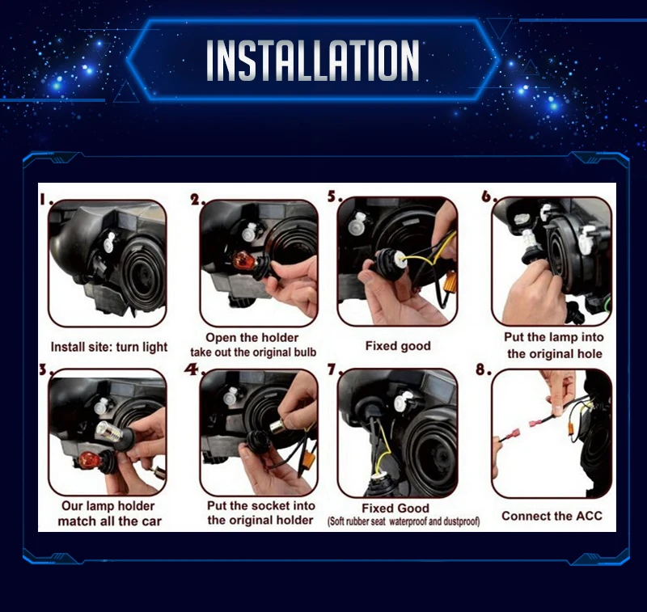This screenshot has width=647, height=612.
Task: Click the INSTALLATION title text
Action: (x=313, y=60)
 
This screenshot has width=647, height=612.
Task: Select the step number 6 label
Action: (x=489, y=196)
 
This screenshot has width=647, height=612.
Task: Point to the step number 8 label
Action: (x=483, y=369)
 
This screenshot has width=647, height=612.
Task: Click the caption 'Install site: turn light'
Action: (x=109, y=348)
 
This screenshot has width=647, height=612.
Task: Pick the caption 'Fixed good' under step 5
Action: (x=398, y=346)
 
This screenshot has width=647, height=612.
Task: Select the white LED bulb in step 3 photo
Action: (x=109, y=433)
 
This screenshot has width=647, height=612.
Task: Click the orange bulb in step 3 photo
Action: (x=89, y=460)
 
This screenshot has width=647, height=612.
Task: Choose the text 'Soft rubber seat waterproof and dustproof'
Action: (x=404, y=521)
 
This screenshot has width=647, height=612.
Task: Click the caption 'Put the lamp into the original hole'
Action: (x=554, y=345)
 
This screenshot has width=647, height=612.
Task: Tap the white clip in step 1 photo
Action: (x=110, y=241)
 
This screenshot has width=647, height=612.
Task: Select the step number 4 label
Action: (x=192, y=369)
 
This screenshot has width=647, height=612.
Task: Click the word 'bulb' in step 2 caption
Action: (x=305, y=352)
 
